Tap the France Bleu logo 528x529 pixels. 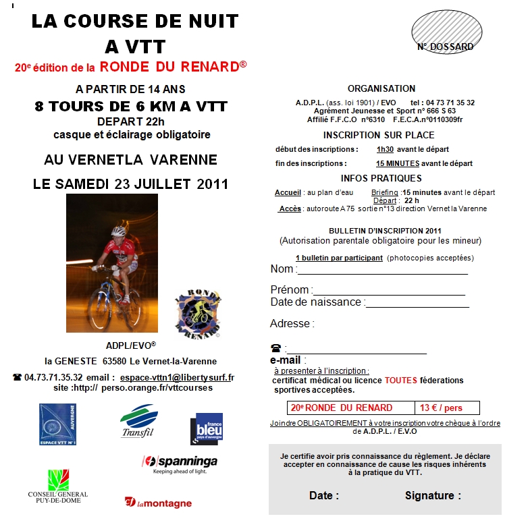coord(206,428)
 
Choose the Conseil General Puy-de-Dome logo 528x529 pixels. coord(57,486)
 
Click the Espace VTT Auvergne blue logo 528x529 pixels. coord(57,424)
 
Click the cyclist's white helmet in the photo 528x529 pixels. coord(119,231)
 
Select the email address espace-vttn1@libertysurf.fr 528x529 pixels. coord(177,377)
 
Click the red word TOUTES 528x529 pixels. coord(401,381)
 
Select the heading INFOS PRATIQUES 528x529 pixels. coord(381,178)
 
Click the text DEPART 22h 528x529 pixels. coord(131,121)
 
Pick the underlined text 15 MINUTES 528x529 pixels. coord(398,163)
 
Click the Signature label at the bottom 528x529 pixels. coord(433,495)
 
